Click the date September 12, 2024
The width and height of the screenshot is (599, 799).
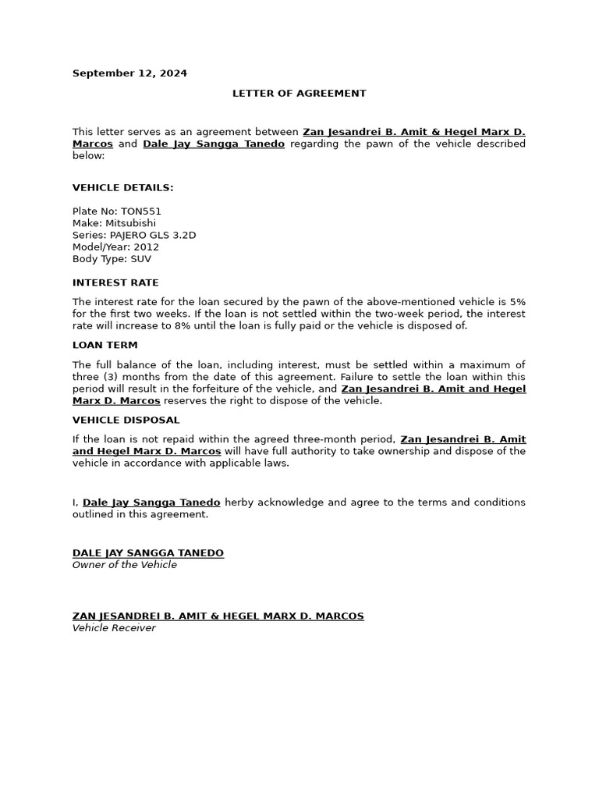click(129, 73)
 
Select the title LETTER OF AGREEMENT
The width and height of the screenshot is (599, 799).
click(299, 93)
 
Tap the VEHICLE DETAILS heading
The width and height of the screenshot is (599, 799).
click(123, 187)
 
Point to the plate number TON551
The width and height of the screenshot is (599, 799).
click(141, 211)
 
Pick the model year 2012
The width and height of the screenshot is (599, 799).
click(147, 247)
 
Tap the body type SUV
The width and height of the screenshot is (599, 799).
click(141, 258)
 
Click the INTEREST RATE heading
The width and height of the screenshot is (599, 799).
click(115, 282)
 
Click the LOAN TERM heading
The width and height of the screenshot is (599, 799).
click(105, 345)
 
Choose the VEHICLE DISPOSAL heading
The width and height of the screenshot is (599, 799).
click(126, 420)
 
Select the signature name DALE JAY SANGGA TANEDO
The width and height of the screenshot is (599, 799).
click(148, 553)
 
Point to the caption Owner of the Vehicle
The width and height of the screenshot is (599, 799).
click(125, 565)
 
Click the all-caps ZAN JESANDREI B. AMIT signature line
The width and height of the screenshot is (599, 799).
click(218, 616)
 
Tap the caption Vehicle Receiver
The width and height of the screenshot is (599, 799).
click(114, 628)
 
